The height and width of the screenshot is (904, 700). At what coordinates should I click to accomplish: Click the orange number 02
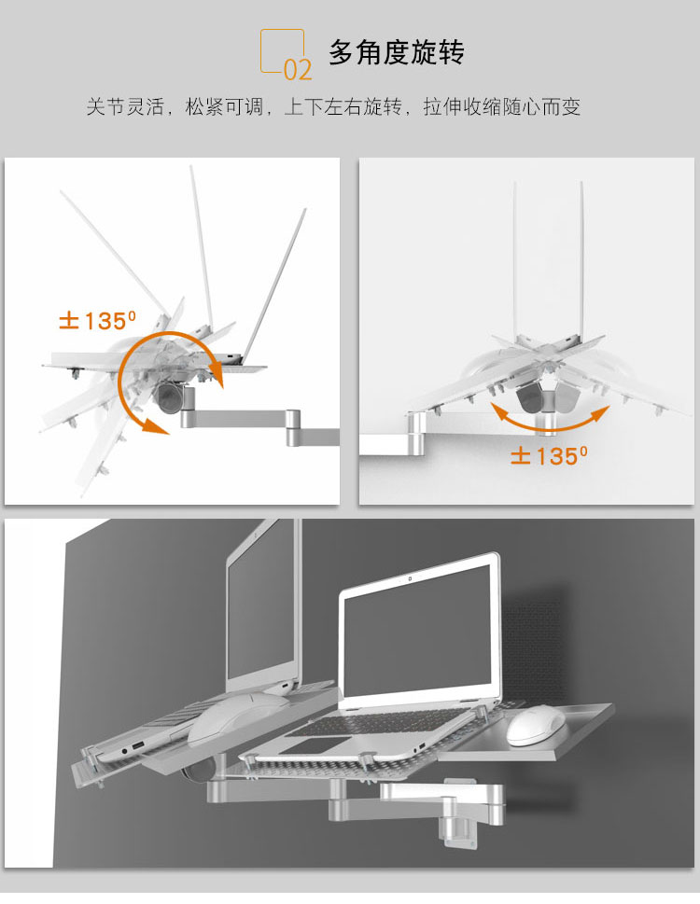(298, 69)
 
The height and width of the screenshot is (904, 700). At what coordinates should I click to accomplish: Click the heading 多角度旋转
(396, 52)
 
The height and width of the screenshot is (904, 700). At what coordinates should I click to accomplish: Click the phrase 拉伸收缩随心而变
(501, 106)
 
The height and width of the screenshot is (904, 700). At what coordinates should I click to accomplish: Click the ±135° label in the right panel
(549, 455)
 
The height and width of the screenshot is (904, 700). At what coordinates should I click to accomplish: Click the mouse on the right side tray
(534, 725)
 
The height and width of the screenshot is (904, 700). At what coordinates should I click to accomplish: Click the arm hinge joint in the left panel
(293, 426)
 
